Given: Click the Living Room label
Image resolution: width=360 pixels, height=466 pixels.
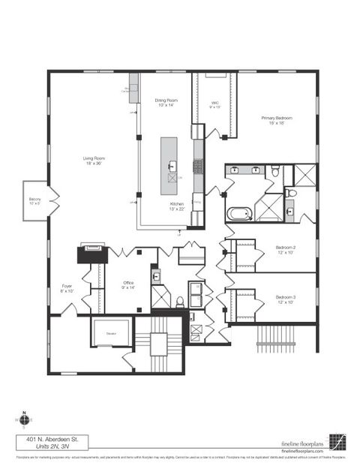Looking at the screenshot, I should coord(94,158).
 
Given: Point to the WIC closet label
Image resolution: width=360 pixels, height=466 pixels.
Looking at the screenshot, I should coord(214,105).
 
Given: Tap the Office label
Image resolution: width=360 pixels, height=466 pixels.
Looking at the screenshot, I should coord(129,284).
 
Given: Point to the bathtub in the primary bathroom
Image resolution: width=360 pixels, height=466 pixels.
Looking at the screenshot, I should coord(239,213).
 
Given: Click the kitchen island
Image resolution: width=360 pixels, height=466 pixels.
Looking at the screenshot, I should coord(171,165).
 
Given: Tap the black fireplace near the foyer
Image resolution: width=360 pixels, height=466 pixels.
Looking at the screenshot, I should coord(93,254).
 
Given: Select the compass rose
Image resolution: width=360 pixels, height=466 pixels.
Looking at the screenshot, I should coord(24,419).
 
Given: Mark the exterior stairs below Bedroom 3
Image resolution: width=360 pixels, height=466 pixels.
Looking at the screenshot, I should coord(273,334).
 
